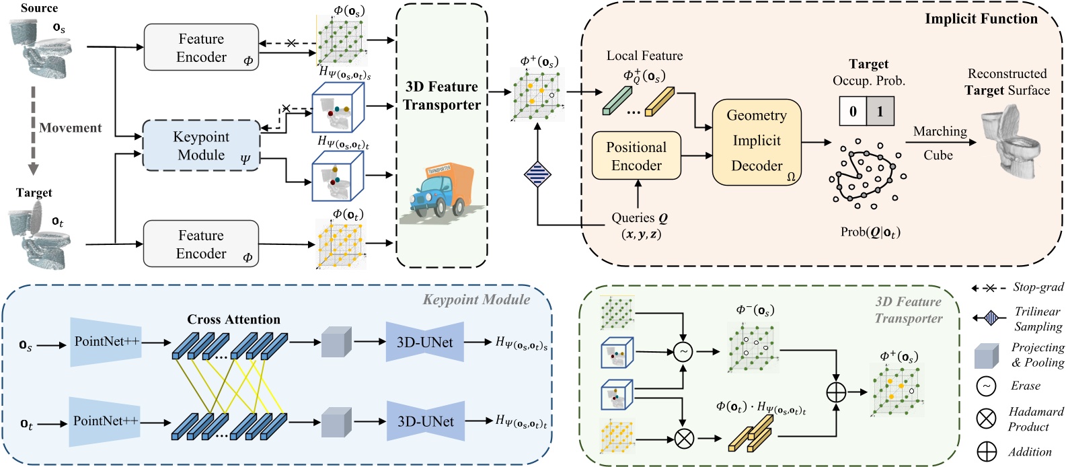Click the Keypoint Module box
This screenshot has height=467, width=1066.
coord(201,145)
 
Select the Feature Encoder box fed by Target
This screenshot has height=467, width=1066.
coord(201,244)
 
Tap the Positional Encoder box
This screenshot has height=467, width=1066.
coord(636,156)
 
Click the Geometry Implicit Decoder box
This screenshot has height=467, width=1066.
coord(757,141)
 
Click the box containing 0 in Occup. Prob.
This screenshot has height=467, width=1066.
coord(853,111)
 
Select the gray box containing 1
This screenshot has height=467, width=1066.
coord(880,111)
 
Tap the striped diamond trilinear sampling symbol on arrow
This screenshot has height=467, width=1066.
coord(537,174)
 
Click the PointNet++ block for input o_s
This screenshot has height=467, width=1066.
coord(106,342)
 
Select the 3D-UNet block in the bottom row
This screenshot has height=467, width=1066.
coord(425,422)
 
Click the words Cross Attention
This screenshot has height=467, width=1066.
coord(233,319)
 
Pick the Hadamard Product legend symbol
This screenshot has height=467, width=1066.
coord(986,419)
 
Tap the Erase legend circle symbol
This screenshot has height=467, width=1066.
coord(986,386)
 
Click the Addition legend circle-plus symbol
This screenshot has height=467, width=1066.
coord(986,452)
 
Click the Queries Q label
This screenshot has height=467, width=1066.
coord(639,218)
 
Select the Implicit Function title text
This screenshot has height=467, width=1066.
coord(981,19)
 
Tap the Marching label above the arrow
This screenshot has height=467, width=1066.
coord(940,131)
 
